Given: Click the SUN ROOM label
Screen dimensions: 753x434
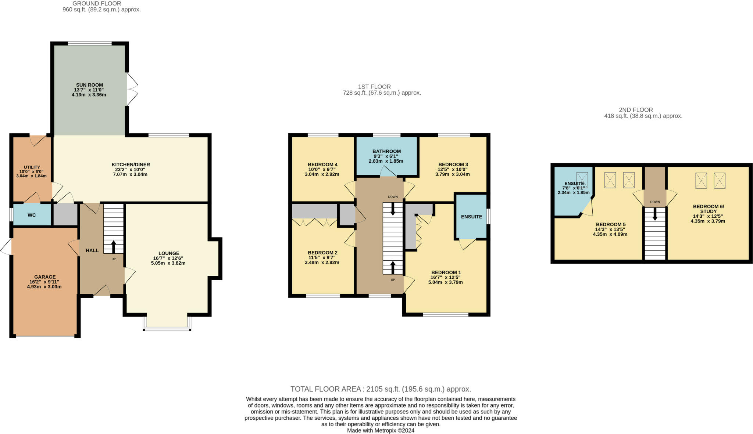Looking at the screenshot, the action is (x=89, y=85).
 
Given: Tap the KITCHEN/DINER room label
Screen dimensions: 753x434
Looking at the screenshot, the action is (x=131, y=164).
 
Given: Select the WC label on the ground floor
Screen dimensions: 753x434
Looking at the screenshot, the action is (x=32, y=215).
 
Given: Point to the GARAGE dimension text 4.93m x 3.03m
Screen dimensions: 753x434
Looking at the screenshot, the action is (x=44, y=286).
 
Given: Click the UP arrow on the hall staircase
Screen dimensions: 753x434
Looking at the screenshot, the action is (x=113, y=247).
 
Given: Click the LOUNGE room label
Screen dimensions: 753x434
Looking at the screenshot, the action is (x=169, y=253).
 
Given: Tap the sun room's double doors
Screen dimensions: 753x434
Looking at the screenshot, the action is (x=132, y=89).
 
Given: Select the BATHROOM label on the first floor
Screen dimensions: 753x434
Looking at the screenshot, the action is (x=386, y=151).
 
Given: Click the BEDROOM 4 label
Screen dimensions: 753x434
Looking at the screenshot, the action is (x=322, y=164).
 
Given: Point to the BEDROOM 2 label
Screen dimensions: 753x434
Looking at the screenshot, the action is (x=322, y=253).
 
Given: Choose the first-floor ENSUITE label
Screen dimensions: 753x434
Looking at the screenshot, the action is (x=471, y=217).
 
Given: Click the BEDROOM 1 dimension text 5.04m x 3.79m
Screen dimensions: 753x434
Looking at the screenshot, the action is (x=445, y=282).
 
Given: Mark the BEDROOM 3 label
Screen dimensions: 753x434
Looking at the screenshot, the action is (x=453, y=164).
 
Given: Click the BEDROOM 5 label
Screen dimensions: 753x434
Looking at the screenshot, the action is (x=610, y=224).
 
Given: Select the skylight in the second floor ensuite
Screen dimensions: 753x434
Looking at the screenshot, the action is (x=582, y=180).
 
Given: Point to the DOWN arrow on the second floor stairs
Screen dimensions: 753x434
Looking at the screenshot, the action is (x=655, y=214).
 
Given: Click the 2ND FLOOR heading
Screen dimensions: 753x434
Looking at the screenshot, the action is (x=636, y=110).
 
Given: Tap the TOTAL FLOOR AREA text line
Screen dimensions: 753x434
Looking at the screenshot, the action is (x=381, y=389).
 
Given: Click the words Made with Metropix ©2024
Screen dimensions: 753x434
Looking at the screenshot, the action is (x=381, y=430).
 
